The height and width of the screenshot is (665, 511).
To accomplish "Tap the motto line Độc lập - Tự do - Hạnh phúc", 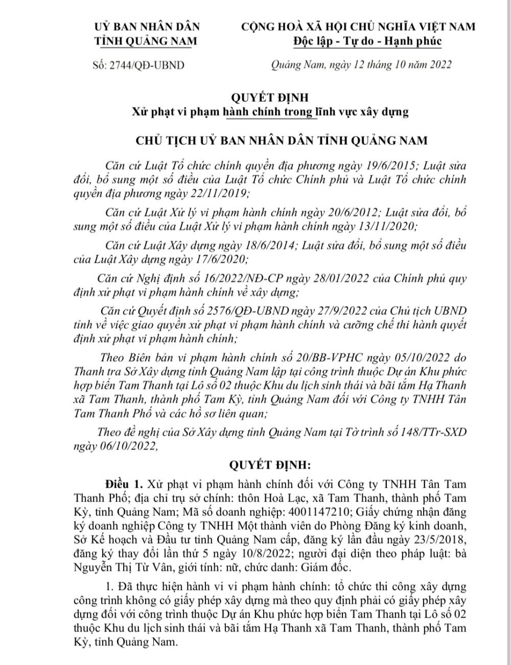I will (367, 41).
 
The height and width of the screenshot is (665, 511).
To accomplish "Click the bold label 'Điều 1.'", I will (125, 484).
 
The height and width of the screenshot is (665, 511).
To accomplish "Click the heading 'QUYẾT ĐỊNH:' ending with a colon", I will (270, 465).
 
